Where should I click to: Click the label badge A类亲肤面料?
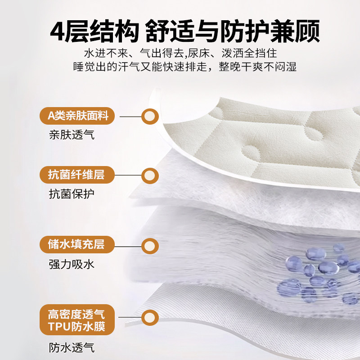tap(77, 116)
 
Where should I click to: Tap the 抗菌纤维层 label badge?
tap(77, 175)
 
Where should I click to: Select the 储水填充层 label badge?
tap(77, 244)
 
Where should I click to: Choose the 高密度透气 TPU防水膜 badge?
tap(77, 320)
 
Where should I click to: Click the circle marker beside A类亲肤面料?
tap(150, 117)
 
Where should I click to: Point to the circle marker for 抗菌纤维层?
tap(150, 175)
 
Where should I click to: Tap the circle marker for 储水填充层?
tap(150, 246)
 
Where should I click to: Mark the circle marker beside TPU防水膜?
tap(150, 318)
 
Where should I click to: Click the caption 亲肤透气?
tap(72, 135)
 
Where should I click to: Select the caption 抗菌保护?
tap(72, 194)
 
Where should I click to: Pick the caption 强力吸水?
tap(72, 264)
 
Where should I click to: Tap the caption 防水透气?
tap(72, 347)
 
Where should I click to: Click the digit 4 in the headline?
tap(57, 31)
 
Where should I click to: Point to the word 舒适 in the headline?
tap(170, 31)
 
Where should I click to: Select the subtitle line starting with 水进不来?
tap(180, 53)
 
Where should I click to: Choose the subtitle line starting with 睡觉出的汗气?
tap(185, 67)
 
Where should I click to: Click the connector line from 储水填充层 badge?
tap(128, 247)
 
